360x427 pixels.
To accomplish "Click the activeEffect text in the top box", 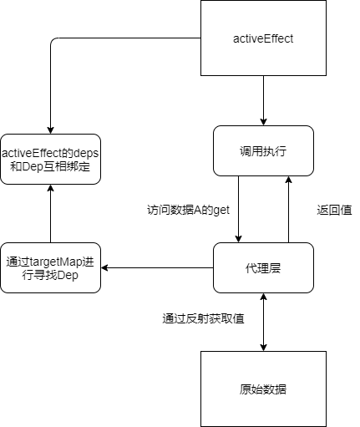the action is tap(263, 38).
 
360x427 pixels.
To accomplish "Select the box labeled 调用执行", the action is tap(263, 150).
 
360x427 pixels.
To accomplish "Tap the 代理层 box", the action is tap(263, 267).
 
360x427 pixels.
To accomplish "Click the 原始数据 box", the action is tap(263, 389).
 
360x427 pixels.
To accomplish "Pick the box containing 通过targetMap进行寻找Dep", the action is tap(50, 267).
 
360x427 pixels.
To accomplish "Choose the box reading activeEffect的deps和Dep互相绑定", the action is tap(50, 159).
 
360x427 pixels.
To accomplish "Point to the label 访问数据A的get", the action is tap(188, 210).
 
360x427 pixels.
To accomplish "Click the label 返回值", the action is tap(334, 210).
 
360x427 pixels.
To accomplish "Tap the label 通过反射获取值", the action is tap(203, 318).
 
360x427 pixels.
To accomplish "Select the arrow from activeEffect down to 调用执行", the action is tap(263, 100).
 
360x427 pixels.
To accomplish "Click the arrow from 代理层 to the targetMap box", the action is tap(157, 268).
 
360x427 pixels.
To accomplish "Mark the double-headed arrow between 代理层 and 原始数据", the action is tap(263, 322).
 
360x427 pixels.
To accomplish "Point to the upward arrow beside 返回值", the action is tap(288, 209).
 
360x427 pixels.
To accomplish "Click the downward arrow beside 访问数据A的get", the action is tap(238, 209).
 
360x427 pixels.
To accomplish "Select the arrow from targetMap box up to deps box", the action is tap(50, 213).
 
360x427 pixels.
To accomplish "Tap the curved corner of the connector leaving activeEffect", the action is tap(53, 40).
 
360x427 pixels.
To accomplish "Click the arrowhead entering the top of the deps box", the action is tap(50, 130).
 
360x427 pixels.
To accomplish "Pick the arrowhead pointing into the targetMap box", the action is tap(104, 268).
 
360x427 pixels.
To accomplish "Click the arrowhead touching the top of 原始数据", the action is tap(263, 348).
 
